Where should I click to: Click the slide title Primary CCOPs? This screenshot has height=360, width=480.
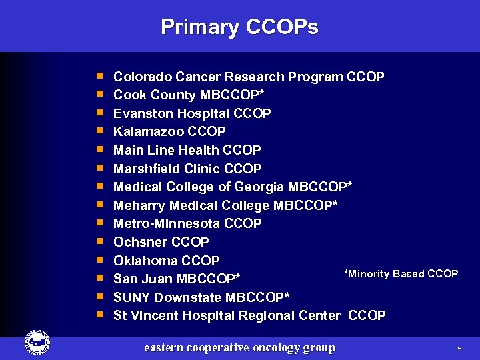(239, 27)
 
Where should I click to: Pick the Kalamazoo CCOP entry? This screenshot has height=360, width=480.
(169, 132)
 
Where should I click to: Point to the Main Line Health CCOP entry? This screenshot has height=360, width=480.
(187, 151)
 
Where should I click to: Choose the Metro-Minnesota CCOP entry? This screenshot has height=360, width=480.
(187, 223)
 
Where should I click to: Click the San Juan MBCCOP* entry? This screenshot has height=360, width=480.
(177, 279)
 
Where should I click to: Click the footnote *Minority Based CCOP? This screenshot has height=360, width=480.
(400, 274)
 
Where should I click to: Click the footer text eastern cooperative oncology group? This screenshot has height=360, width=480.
(240, 347)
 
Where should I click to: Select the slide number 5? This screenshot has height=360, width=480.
(459, 349)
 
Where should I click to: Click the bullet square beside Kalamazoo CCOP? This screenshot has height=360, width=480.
(99, 131)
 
